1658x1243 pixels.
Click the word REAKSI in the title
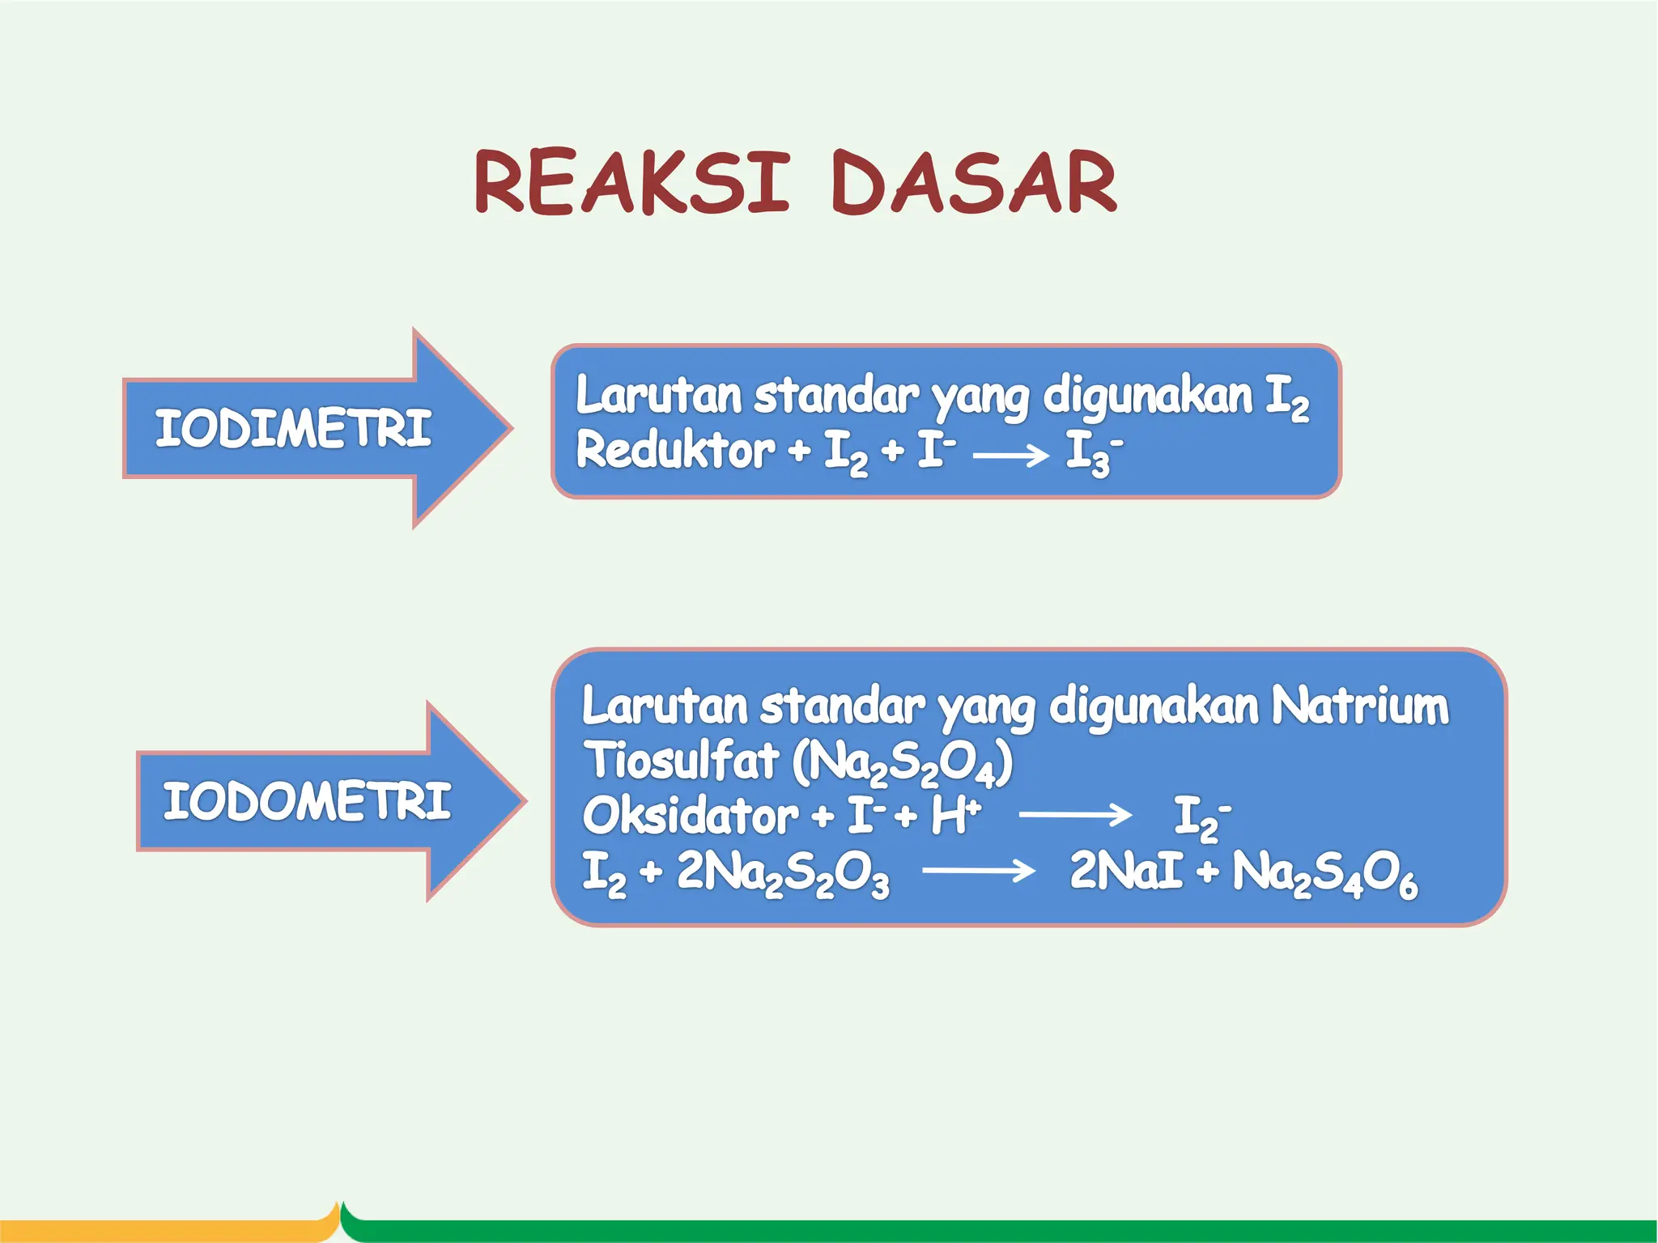click(631, 183)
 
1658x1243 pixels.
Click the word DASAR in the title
click(974, 183)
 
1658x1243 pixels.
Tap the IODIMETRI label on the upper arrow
click(293, 428)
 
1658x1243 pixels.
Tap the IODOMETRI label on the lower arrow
click(306, 801)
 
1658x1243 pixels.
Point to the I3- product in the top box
click(1093, 452)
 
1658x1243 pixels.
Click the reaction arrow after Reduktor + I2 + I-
click(1010, 456)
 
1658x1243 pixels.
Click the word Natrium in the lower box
click(1359, 706)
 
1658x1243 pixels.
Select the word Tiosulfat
click(681, 761)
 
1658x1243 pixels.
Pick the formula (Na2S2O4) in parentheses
click(902, 762)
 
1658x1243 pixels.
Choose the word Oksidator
click(690, 815)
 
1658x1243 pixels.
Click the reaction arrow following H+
click(1074, 814)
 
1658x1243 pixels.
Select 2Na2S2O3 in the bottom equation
click(782, 872)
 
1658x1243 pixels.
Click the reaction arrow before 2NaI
click(978, 872)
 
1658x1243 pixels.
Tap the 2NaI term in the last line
click(1125, 871)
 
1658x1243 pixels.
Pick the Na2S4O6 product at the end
click(1324, 874)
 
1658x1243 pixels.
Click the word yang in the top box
click(980, 397)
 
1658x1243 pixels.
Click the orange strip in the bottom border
click(162, 1230)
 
